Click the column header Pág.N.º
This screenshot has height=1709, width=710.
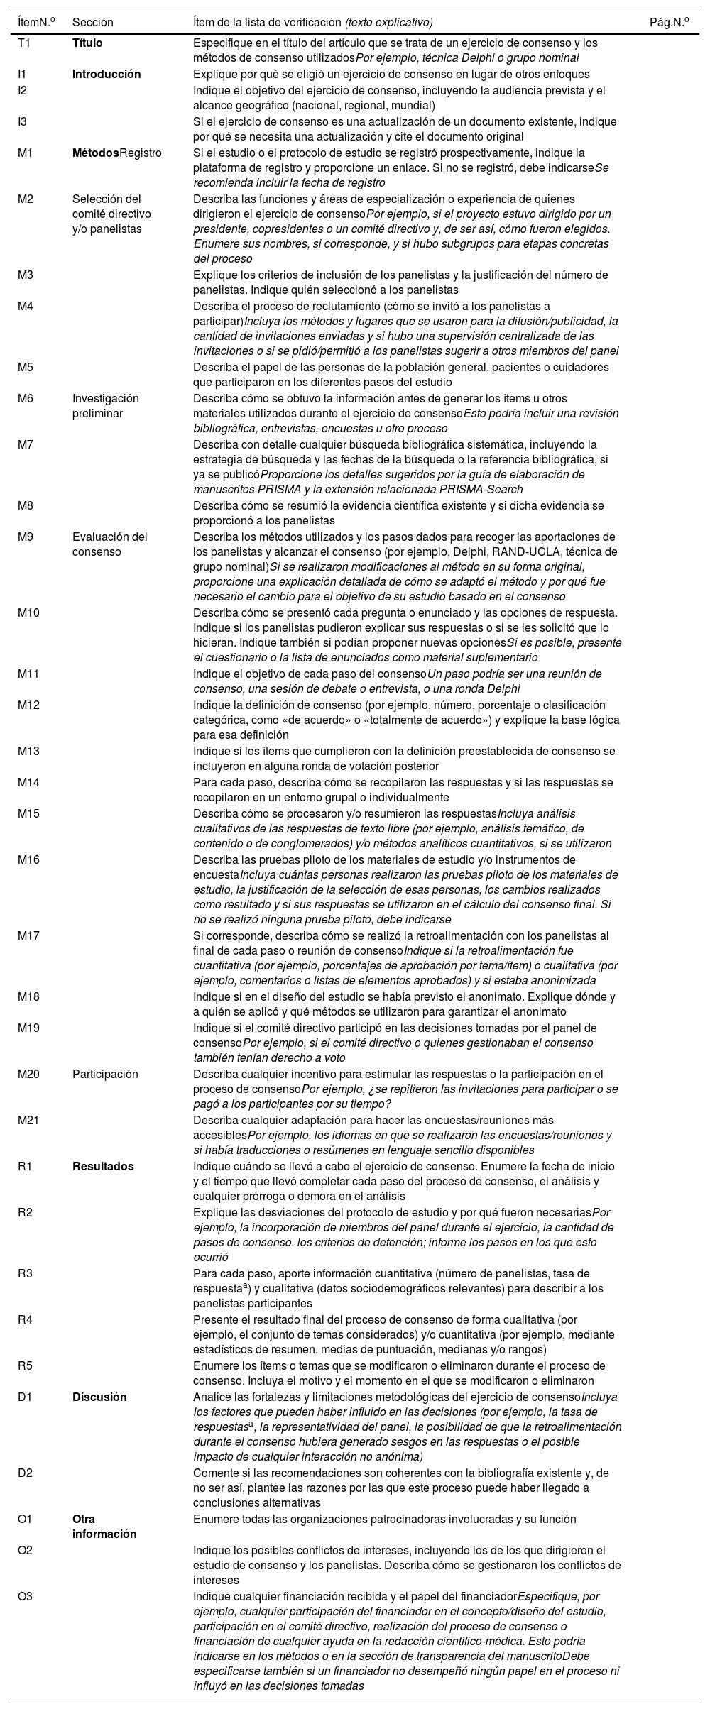(x=669, y=22)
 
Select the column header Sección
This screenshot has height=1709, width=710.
(x=93, y=22)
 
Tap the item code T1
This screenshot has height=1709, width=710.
(x=26, y=43)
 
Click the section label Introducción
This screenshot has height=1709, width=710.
(x=106, y=74)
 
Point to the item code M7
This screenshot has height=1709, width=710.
(x=26, y=444)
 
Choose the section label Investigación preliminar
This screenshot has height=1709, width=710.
(x=106, y=405)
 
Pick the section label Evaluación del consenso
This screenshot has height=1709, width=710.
(x=109, y=544)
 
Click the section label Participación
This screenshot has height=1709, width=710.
(x=105, y=1074)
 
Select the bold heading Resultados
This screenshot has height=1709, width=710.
(x=103, y=1166)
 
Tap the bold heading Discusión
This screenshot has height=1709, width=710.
(x=99, y=1397)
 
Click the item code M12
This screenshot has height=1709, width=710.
(x=28, y=705)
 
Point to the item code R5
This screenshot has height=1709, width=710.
(x=26, y=1365)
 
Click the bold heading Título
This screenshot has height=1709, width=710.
(x=87, y=43)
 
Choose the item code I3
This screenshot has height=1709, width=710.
(x=23, y=121)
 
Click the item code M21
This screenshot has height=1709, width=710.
(x=28, y=1120)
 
